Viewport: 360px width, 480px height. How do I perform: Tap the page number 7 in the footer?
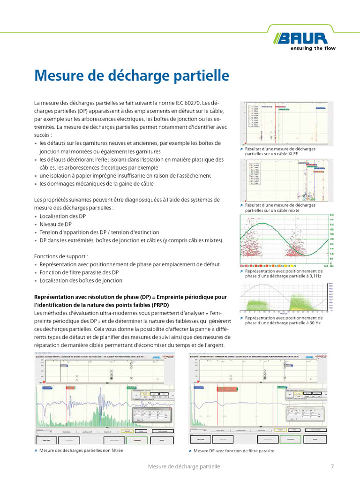(x=332, y=466)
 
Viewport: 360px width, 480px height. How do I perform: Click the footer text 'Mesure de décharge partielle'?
(x=184, y=466)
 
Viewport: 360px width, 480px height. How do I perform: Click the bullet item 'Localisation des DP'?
(x=63, y=216)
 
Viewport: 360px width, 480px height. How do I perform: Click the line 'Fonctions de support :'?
(x=61, y=256)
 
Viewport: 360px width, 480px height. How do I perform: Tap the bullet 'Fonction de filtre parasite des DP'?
(x=79, y=272)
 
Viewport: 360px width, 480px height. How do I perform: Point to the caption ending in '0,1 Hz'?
(x=284, y=274)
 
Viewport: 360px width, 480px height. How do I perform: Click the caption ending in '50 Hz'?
(x=284, y=320)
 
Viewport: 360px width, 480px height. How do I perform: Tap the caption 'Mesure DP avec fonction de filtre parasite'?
(x=233, y=450)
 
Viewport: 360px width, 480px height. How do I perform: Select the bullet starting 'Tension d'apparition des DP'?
(x=99, y=232)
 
